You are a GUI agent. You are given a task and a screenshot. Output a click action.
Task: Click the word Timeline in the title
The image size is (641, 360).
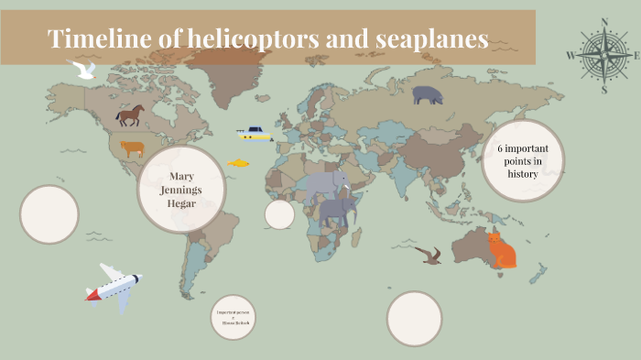click(x=94, y=39)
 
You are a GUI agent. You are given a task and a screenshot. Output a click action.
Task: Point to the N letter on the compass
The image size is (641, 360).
click(x=603, y=21)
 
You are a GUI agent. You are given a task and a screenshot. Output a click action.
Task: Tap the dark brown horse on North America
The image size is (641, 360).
click(x=130, y=115)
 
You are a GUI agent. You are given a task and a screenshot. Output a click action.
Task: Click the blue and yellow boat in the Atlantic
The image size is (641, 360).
click(x=255, y=134)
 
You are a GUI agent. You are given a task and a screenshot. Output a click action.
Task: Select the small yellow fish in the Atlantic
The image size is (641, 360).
click(x=238, y=162)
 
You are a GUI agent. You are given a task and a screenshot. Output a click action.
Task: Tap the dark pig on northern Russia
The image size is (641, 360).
click(x=427, y=94)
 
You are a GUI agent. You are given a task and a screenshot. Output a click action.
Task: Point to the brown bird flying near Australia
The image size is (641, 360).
click(x=429, y=255)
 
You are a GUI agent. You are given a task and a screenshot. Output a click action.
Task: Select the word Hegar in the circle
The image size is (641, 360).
click(x=181, y=202)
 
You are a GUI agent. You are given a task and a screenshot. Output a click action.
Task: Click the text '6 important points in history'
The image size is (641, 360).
click(x=522, y=160)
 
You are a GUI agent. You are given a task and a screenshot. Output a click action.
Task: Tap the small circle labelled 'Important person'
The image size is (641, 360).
click(x=233, y=317)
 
